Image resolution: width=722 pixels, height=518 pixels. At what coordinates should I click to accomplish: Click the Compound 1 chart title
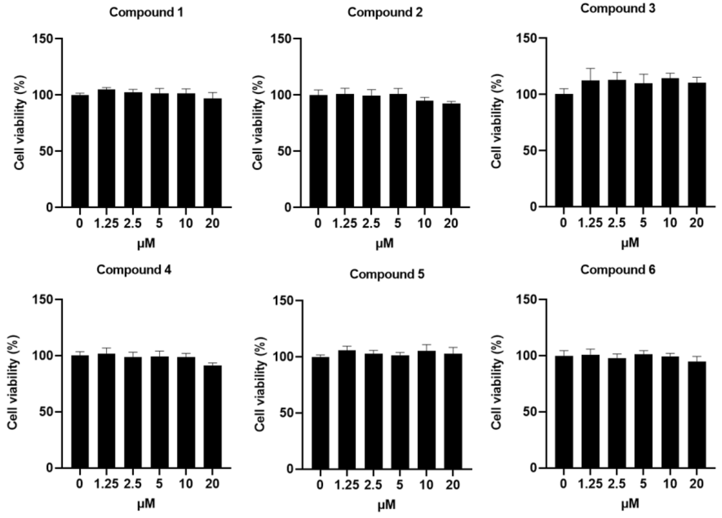point(146,13)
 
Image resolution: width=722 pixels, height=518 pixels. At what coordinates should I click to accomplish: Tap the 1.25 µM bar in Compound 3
point(590,143)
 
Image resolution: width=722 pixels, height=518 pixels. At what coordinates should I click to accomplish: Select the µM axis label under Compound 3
point(630,243)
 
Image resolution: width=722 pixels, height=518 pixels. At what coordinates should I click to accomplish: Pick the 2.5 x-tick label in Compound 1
point(133,223)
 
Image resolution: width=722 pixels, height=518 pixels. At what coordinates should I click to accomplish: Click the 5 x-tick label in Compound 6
point(643,484)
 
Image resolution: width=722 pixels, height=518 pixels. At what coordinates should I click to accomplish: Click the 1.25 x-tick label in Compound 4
point(106,484)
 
